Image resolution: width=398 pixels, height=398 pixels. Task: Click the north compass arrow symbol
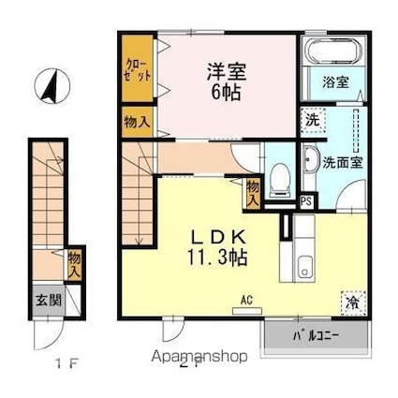(50, 88)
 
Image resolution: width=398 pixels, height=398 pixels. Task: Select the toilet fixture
(280, 179)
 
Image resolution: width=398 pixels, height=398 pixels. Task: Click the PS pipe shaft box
(306, 199)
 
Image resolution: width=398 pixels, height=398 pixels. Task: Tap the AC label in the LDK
(248, 301)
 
